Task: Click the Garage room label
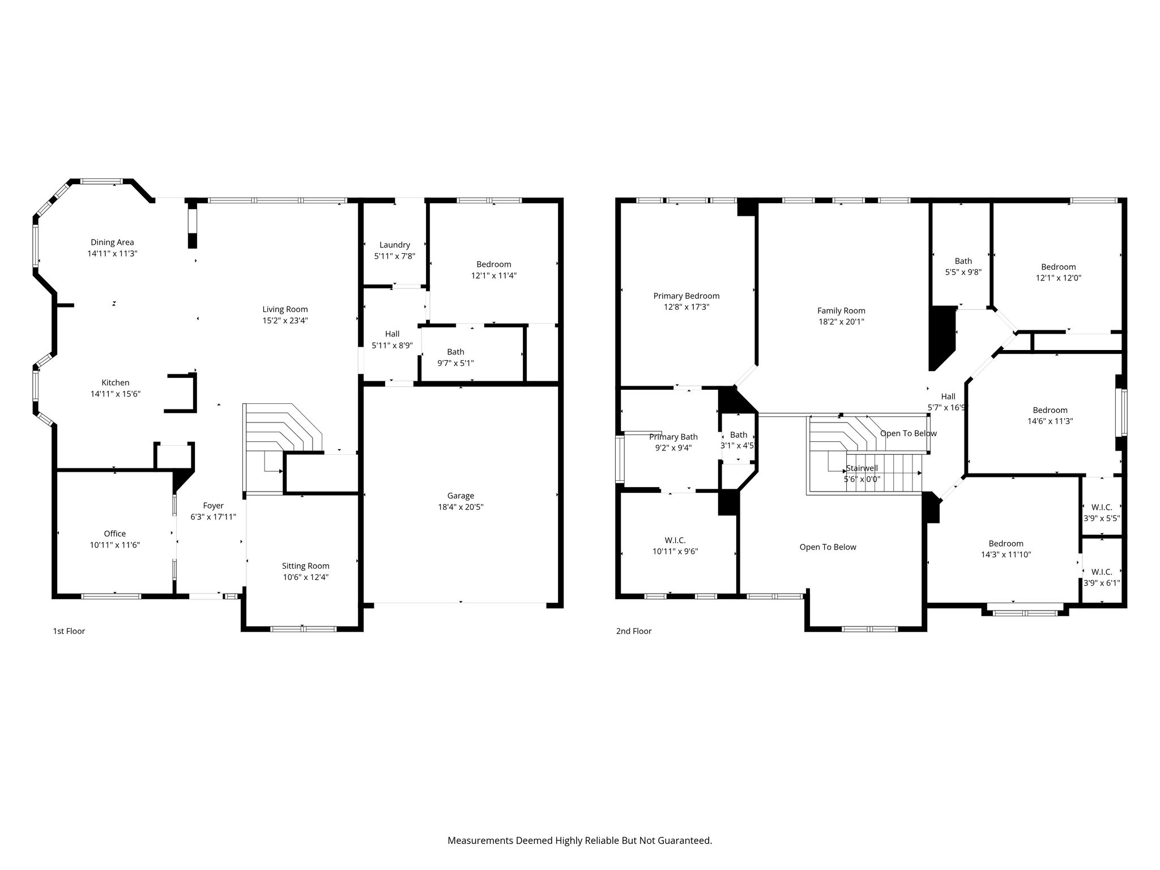[x=460, y=496]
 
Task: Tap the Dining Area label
[x=112, y=242]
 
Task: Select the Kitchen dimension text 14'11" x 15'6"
[x=116, y=394]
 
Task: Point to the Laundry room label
[x=395, y=245]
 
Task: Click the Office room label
[x=115, y=534]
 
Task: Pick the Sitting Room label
[x=306, y=566]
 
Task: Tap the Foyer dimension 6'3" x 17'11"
[x=214, y=517]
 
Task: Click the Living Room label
[x=285, y=309]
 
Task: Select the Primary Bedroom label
[x=686, y=296]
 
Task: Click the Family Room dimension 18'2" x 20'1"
[x=841, y=322]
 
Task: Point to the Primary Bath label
[x=673, y=437]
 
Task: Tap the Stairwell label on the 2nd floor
[x=862, y=468]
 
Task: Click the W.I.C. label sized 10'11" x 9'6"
[x=675, y=540]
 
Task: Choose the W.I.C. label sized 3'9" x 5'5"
[x=1102, y=507]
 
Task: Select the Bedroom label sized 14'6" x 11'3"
[x=1050, y=410]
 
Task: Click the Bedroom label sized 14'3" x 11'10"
[x=1006, y=544]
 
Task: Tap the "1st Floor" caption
[x=69, y=631]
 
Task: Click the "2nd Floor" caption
[x=634, y=631]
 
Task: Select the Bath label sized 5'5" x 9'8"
[x=963, y=261]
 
